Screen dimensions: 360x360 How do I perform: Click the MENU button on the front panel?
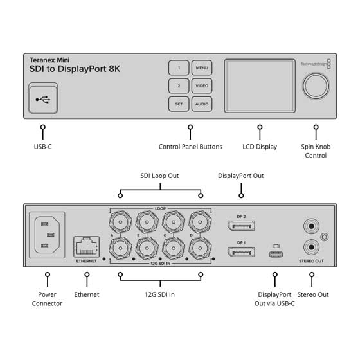click(201, 67)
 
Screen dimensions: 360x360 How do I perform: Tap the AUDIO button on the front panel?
click(201, 103)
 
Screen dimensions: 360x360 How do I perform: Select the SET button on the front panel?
click(179, 103)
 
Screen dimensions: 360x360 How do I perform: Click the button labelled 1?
click(179, 67)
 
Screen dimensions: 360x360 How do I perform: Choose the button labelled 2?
click(179, 85)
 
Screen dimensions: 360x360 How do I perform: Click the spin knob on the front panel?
click(316, 85)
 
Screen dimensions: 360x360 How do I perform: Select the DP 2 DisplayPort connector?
click(240, 226)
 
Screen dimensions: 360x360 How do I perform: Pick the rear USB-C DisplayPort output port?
click(276, 253)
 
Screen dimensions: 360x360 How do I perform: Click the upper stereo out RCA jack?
click(310, 226)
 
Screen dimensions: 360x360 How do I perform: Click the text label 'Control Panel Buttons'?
click(190, 147)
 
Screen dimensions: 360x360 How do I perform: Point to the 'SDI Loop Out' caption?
click(161, 175)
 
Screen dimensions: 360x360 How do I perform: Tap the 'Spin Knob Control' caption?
click(316, 151)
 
